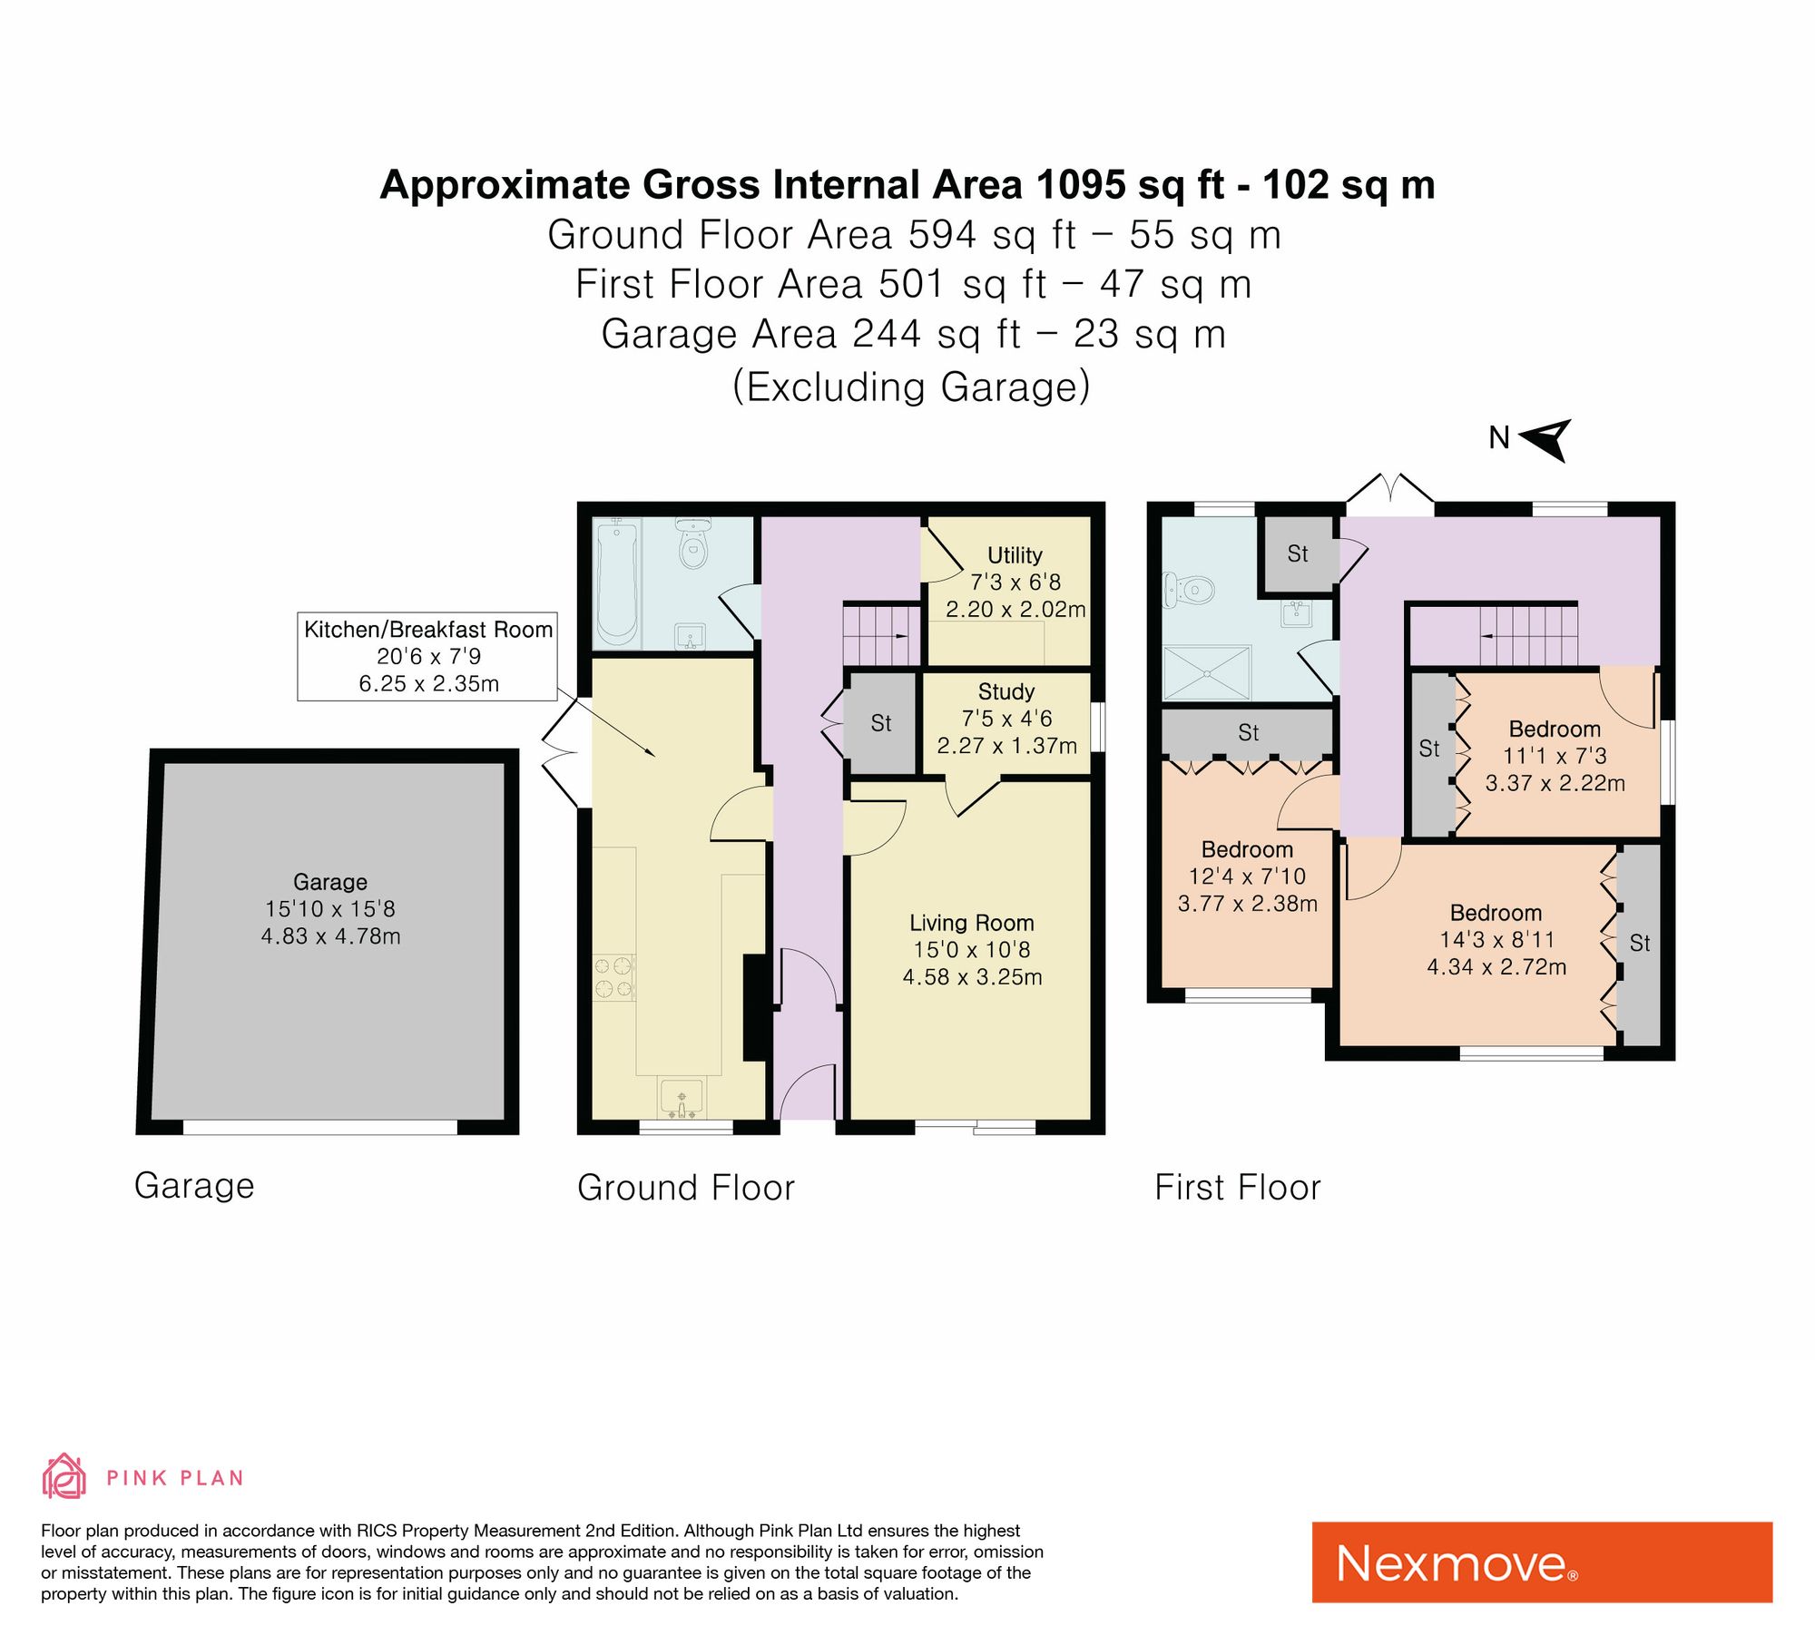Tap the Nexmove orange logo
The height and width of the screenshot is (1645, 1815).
point(1542,1562)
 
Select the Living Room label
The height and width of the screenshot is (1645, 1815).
point(972,923)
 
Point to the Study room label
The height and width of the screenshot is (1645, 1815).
point(1006,691)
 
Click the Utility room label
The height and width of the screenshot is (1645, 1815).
point(1015,555)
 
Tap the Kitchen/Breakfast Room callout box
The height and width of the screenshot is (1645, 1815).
point(427,656)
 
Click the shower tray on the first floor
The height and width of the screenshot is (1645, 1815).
point(1207,672)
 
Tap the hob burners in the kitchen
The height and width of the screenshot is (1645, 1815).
point(613,977)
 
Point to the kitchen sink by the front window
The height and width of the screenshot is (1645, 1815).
point(682,1099)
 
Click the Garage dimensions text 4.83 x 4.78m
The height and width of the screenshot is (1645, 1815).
point(330,936)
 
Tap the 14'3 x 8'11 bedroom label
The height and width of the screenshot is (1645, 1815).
point(1496,940)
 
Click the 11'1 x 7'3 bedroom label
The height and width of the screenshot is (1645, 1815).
point(1555,756)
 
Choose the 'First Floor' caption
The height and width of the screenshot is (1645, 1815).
point(1238,1188)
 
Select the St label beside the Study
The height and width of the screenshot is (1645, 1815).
point(881,723)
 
